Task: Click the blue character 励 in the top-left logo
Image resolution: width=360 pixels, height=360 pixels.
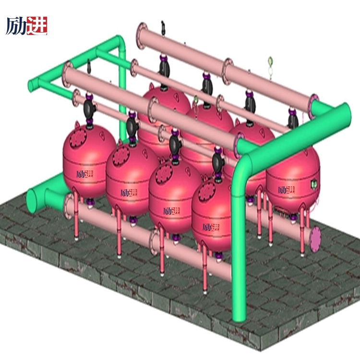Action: pyautogui.click(x=16, y=26)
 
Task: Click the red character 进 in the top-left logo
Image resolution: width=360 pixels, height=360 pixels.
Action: pyautogui.click(x=37, y=25)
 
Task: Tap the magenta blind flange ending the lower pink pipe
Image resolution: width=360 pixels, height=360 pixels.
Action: pyautogui.click(x=315, y=239)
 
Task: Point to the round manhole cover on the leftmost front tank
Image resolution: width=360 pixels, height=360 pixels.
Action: pyautogui.click(x=78, y=138)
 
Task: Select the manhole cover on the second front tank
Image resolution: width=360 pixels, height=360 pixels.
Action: pyautogui.click(x=121, y=156)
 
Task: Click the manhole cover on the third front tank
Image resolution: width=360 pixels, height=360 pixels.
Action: pyautogui.click(x=164, y=174)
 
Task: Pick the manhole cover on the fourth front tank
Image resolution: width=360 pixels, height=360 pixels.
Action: pyautogui.click(x=206, y=192)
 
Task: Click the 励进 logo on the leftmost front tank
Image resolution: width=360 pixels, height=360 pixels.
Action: pyautogui.click(x=84, y=174)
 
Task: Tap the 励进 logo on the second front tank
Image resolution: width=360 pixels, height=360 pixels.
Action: pyautogui.click(x=129, y=193)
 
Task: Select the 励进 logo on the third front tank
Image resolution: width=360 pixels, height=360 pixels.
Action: pyautogui.click(x=171, y=211)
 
